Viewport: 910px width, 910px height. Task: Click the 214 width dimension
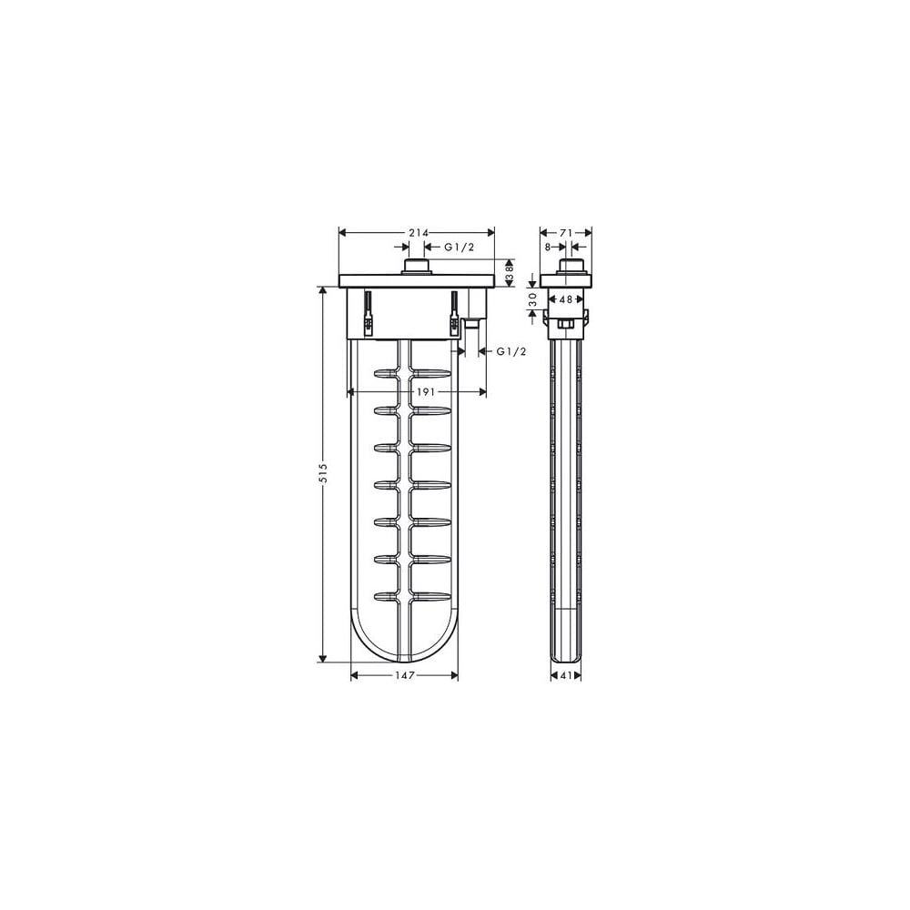(x=419, y=233)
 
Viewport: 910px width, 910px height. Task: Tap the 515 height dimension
(x=324, y=473)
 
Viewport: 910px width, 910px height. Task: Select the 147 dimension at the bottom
(x=405, y=675)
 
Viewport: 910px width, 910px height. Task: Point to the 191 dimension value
(x=425, y=392)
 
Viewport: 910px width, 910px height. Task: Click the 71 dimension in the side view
(x=566, y=233)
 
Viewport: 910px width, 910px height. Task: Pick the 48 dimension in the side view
(x=566, y=299)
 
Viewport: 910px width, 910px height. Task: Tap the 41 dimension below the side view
(x=566, y=675)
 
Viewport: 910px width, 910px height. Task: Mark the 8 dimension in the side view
(x=547, y=248)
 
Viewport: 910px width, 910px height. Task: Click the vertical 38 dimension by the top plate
(x=511, y=272)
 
